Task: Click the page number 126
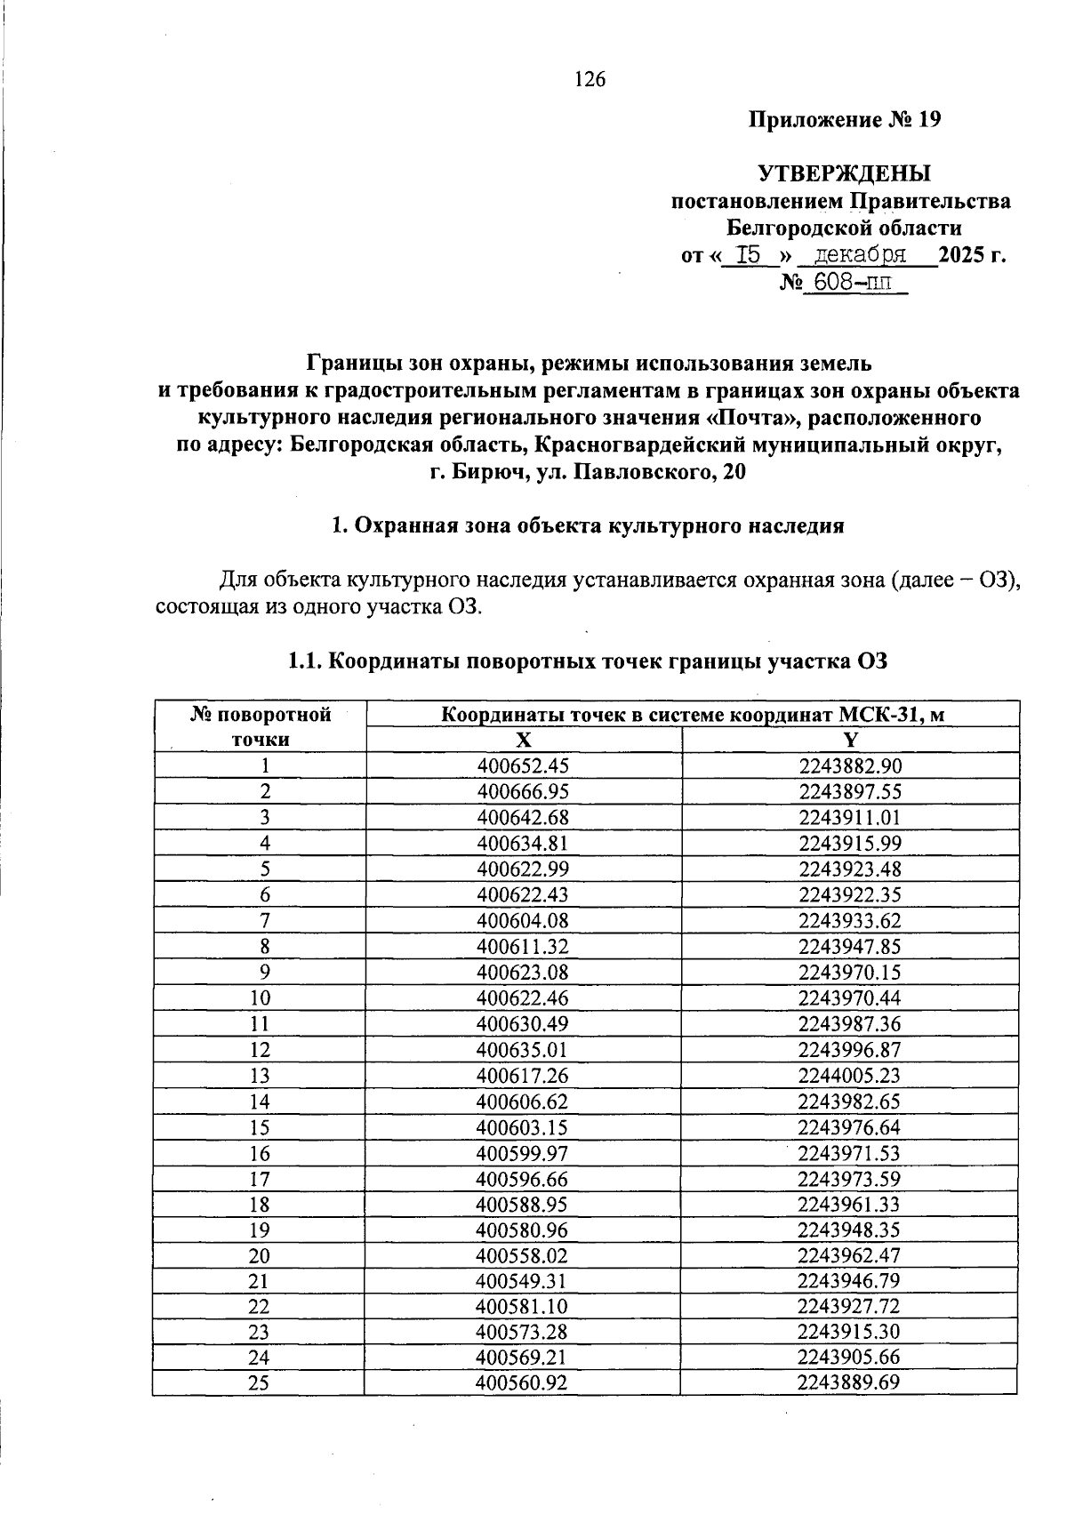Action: click(x=590, y=80)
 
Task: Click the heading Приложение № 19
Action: click(x=844, y=119)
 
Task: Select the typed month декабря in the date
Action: click(x=861, y=255)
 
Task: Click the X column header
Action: click(x=524, y=741)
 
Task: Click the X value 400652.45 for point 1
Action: click(x=523, y=766)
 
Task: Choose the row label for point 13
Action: click(x=260, y=1076)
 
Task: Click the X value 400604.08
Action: click(x=523, y=921)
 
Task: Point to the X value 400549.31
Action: click(x=523, y=1282)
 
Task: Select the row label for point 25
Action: click(x=260, y=1383)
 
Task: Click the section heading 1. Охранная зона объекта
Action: click(x=587, y=525)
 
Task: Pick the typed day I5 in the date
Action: click(x=751, y=255)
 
